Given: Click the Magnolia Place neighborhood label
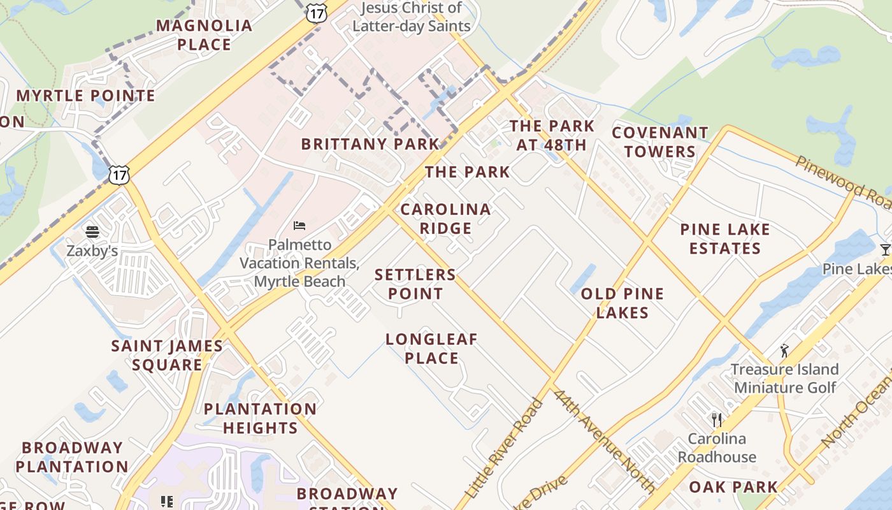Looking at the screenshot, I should pyautogui.click(x=205, y=35).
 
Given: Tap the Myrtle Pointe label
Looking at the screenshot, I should pyautogui.click(x=85, y=96).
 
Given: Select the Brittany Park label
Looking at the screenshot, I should pyautogui.click(x=370, y=144).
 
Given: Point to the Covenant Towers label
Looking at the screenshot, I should pyautogui.click(x=660, y=142).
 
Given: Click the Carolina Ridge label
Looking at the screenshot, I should pyautogui.click(x=445, y=219).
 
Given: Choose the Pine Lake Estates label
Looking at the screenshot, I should pyautogui.click(x=725, y=239).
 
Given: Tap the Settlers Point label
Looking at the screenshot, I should pyautogui.click(x=415, y=284).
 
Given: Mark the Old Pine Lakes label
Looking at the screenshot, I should pyautogui.click(x=622, y=303).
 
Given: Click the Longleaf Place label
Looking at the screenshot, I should pyautogui.click(x=431, y=349).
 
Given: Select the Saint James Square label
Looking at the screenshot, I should pyautogui.click(x=167, y=355).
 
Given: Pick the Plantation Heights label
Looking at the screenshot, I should pyautogui.click(x=260, y=418).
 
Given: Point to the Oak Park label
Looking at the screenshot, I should pyautogui.click(x=733, y=487).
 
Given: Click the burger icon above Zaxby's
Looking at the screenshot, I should pyautogui.click(x=93, y=231).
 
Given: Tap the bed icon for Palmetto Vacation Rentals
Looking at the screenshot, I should pyautogui.click(x=299, y=226).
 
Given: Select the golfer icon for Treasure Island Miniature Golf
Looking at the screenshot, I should pyautogui.click(x=784, y=351).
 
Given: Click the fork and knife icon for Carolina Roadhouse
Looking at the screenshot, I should pyautogui.click(x=717, y=419).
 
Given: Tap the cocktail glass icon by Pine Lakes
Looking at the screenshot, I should pyautogui.click(x=885, y=249).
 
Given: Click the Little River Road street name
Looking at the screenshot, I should pyautogui.click(x=504, y=448).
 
